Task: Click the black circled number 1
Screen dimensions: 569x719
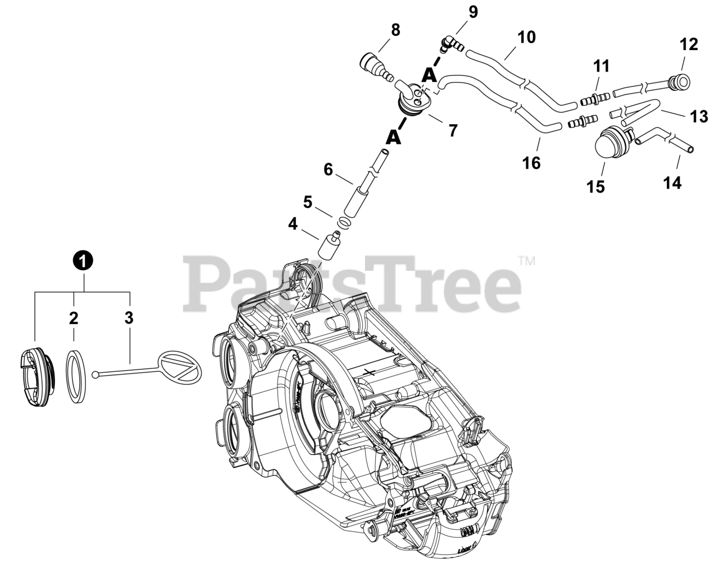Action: click(83, 260)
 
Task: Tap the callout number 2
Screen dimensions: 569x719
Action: click(74, 318)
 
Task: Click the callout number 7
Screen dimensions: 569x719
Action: click(452, 130)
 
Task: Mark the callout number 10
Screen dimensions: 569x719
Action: click(526, 37)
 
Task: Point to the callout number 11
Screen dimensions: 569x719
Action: click(601, 66)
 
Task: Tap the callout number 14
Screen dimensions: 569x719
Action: click(672, 183)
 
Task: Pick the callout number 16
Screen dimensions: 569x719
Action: click(531, 163)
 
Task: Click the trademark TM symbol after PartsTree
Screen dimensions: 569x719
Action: click(526, 261)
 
